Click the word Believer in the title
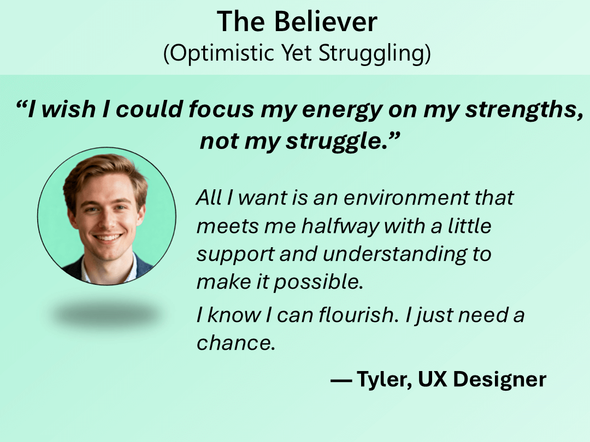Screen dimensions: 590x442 pyautogui.click(x=326, y=22)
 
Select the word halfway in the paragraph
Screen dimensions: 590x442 pyautogui.click(x=340, y=226)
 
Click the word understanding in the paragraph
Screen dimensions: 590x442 pyautogui.click(x=394, y=254)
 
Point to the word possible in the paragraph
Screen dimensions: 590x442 pyautogui.click(x=318, y=282)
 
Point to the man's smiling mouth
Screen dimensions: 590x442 pyautogui.click(x=108, y=238)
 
